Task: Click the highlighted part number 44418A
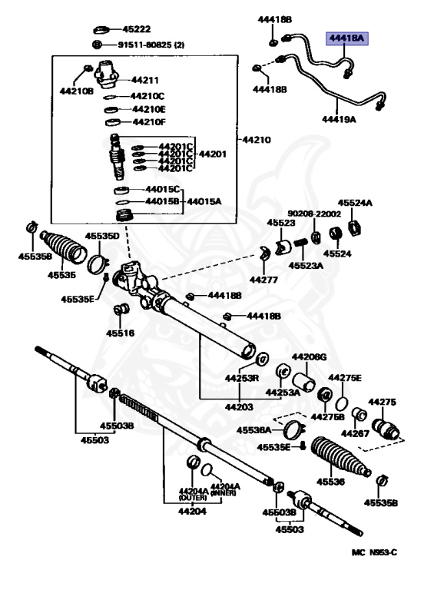click(x=346, y=38)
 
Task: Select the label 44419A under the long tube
click(x=339, y=119)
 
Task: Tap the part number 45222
click(x=136, y=29)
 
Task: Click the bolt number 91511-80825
click(x=145, y=45)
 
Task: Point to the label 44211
click(x=144, y=80)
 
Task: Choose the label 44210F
click(x=149, y=122)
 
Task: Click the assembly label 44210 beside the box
click(x=256, y=140)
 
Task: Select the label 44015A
click(x=204, y=201)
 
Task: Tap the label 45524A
click(x=355, y=203)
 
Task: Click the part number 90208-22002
click(x=314, y=214)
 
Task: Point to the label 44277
click(x=263, y=280)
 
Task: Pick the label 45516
click(x=120, y=333)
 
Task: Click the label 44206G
click(x=309, y=356)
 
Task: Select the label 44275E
click(x=344, y=377)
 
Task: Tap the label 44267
click(x=355, y=433)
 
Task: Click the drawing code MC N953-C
click(x=374, y=552)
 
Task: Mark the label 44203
click(x=239, y=406)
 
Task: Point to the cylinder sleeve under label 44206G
click(x=303, y=382)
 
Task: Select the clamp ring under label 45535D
click(x=98, y=264)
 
